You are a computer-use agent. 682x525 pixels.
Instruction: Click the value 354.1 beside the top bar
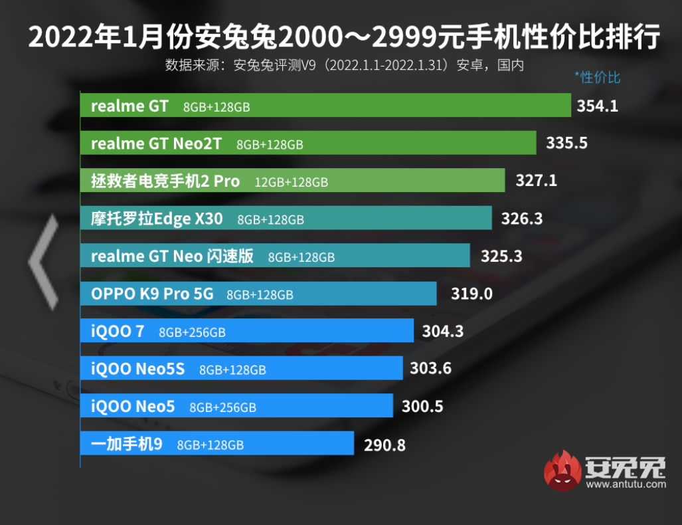point(598,106)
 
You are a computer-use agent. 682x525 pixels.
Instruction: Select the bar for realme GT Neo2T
point(308,143)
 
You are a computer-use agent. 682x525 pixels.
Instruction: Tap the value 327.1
point(536,181)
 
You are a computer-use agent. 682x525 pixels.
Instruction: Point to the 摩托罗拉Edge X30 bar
point(286,218)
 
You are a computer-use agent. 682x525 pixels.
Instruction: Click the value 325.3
point(501,256)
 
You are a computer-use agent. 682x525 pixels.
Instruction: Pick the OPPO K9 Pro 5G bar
point(258,293)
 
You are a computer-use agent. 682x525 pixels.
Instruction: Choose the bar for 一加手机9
point(216,443)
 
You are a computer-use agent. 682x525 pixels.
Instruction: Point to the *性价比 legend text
point(598,77)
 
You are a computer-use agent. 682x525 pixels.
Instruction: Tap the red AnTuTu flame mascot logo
point(562,471)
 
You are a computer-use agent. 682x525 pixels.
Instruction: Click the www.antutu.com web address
point(625,484)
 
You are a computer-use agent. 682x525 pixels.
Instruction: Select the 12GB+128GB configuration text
point(291,182)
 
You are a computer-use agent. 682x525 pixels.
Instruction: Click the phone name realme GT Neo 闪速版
point(172,256)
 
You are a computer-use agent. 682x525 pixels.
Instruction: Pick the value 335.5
point(566,143)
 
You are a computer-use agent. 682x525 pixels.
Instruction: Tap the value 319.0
point(471,293)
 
